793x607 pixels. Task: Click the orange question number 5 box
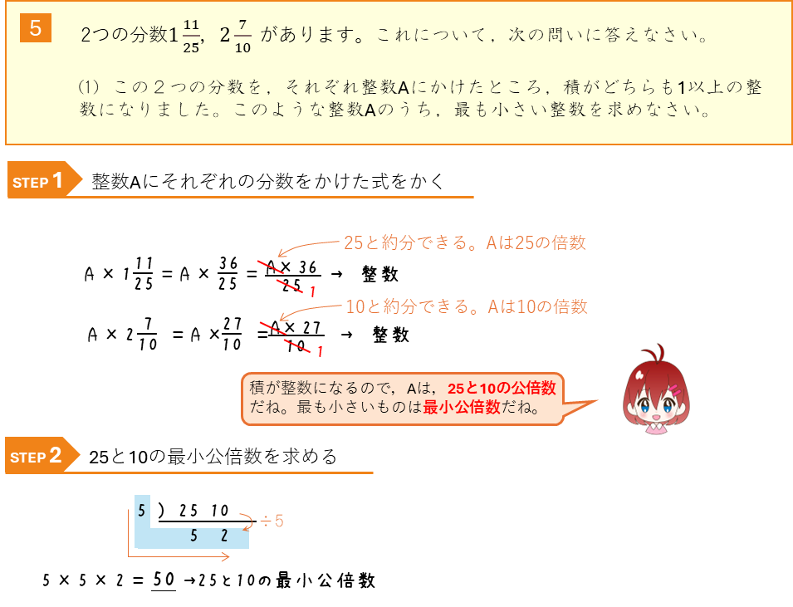click(x=35, y=27)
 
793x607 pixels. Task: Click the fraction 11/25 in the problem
click(x=191, y=37)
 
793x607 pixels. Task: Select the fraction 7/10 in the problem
click(x=242, y=37)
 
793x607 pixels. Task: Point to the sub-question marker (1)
click(x=88, y=86)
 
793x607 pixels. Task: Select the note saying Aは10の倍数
click(x=537, y=306)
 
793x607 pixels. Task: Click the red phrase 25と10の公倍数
click(x=501, y=389)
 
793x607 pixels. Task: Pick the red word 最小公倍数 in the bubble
click(x=461, y=408)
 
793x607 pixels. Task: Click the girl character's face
click(x=656, y=402)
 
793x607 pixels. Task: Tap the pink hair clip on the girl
click(x=674, y=389)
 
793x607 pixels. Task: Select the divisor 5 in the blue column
click(x=143, y=511)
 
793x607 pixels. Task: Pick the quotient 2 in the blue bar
click(x=224, y=536)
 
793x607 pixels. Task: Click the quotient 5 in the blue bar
click(x=193, y=536)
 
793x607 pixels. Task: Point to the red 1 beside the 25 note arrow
click(x=312, y=291)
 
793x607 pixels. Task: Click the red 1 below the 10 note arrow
click(x=319, y=352)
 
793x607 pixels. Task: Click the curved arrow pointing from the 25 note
click(x=307, y=247)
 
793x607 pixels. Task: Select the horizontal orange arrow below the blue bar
click(x=179, y=557)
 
